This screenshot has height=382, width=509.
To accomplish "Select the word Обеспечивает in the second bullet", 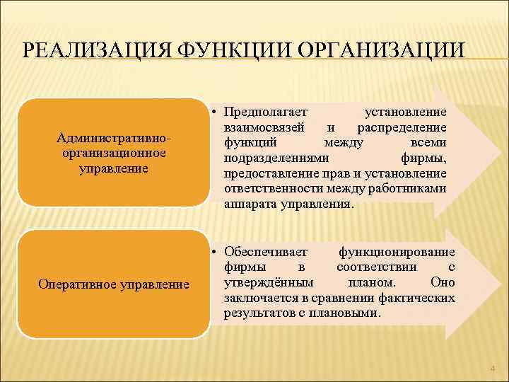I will point(265,253).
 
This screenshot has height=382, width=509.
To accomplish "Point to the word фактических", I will point(419,298).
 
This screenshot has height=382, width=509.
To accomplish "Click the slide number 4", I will point(493,368).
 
